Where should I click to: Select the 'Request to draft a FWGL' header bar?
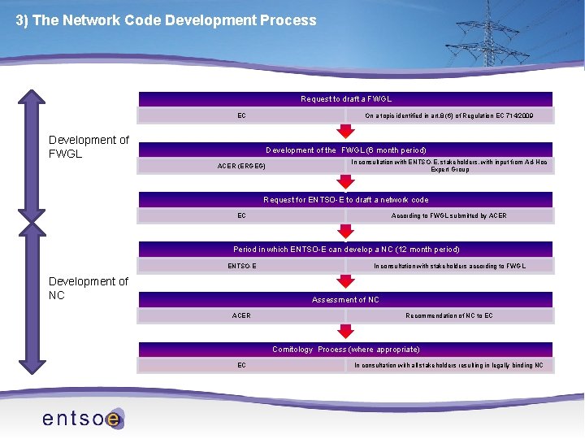[345, 99]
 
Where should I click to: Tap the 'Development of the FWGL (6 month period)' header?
[345, 150]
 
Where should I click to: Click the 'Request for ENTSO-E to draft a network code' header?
[345, 199]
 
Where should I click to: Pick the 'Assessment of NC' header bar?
[345, 299]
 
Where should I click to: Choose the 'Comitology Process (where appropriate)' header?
[345, 349]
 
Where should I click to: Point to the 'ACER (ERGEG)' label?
[241, 167]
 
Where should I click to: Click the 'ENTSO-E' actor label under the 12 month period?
[241, 266]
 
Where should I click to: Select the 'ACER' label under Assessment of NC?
[241, 315]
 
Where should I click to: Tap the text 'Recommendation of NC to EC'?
[448, 315]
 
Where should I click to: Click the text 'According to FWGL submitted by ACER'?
[448, 216]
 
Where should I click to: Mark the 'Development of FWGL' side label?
[89, 146]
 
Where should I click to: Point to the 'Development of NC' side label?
[89, 288]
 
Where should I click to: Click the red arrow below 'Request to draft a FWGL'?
[346, 131]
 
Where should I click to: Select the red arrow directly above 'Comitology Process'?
[346, 331]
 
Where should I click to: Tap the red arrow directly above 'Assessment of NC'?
[346, 281]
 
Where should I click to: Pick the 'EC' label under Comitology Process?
[241, 366]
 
